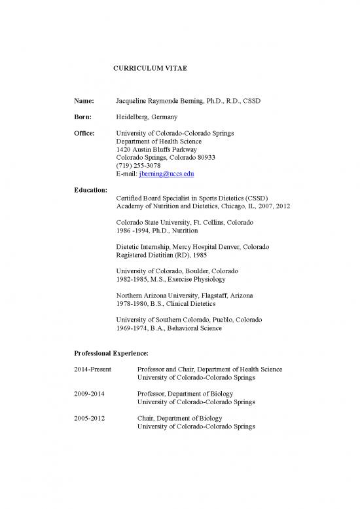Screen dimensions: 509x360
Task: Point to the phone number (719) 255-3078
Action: (x=138, y=166)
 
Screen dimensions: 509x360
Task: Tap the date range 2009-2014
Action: (x=90, y=393)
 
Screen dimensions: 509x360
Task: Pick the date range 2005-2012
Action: (x=90, y=417)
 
